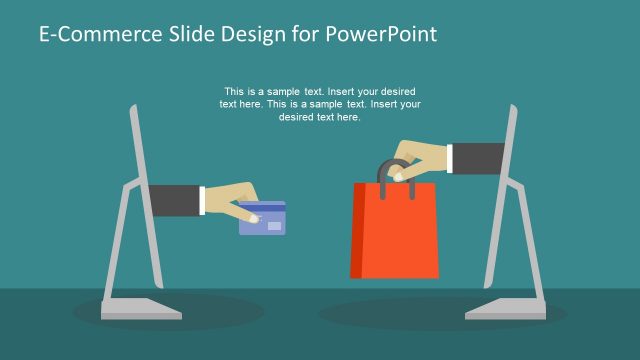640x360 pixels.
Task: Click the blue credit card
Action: click(262, 219)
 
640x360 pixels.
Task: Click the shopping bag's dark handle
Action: click(382, 170)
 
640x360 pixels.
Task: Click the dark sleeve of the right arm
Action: click(479, 158)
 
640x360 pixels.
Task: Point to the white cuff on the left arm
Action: click(202, 199)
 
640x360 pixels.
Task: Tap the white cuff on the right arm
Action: click(446, 158)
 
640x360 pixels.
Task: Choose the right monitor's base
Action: click(504, 308)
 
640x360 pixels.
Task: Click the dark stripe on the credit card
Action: click(263, 208)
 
